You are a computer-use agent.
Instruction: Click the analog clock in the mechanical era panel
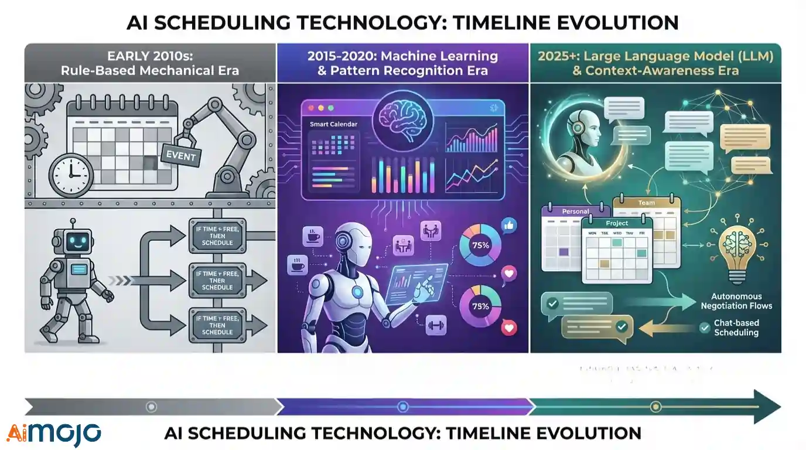point(70,174)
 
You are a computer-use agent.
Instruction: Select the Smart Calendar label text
point(334,124)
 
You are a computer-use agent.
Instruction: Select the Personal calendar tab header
point(575,212)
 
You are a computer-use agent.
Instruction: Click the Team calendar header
point(646,203)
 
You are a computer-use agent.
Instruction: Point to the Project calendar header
point(617,223)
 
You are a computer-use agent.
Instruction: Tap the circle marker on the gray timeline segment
point(152,406)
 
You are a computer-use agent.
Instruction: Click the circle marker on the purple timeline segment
point(402,406)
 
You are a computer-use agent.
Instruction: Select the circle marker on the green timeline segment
point(655,406)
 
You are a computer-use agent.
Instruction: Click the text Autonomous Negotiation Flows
point(736,301)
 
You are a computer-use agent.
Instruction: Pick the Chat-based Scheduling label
point(736,328)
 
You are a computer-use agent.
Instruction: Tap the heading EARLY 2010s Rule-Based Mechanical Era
point(150,64)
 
